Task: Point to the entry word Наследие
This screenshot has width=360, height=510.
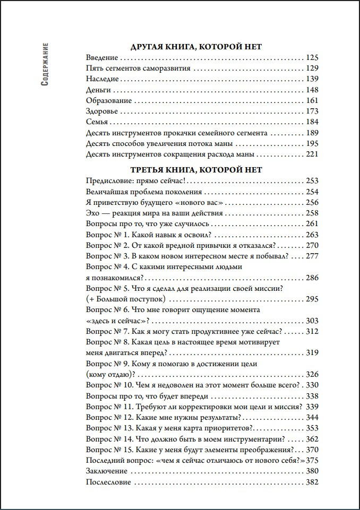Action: point(102,79)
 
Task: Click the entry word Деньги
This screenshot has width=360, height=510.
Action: point(98,90)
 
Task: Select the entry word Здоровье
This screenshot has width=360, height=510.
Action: point(101,111)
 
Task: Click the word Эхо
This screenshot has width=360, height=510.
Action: point(92,213)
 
